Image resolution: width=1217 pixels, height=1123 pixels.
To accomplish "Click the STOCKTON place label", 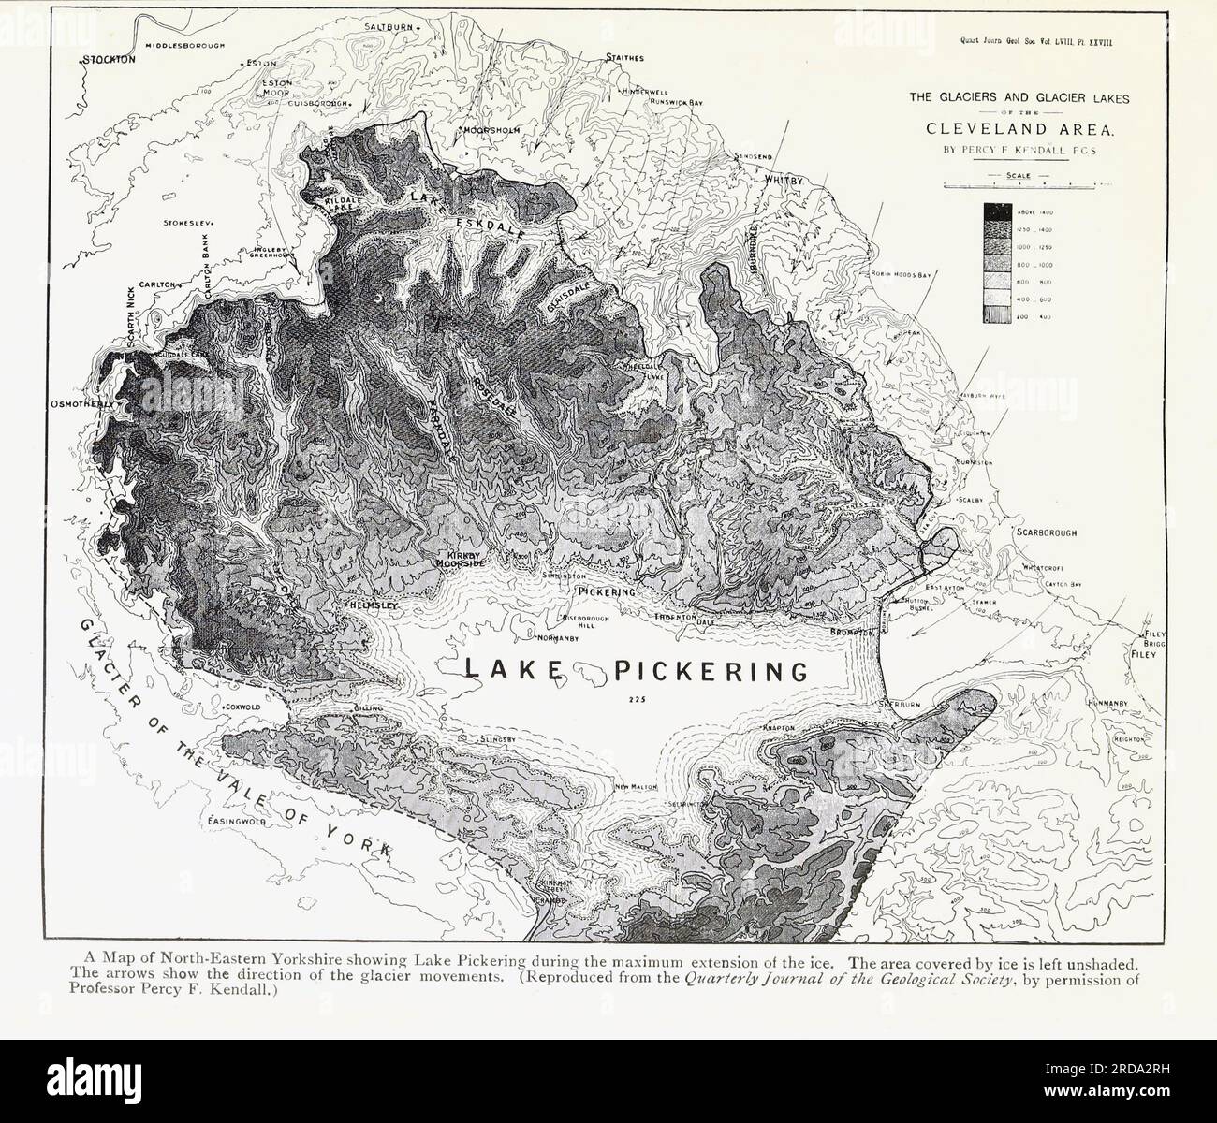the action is [x=110, y=59].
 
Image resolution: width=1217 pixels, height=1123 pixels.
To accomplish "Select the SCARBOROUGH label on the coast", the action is [x=1047, y=532].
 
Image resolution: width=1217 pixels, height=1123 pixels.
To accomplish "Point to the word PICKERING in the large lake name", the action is [x=711, y=671].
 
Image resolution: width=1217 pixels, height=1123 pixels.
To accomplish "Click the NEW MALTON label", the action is [x=637, y=787].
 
